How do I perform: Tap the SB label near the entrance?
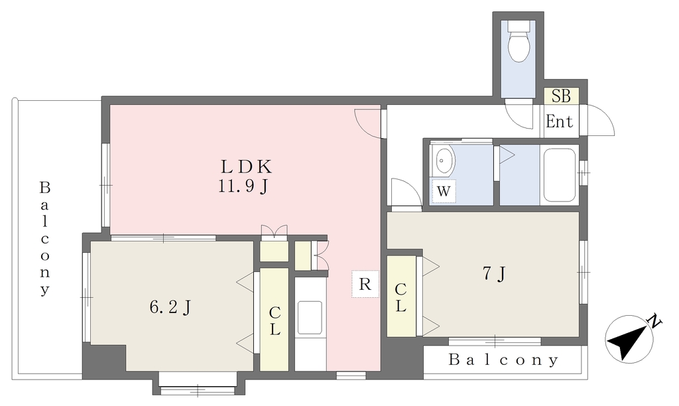coord(561,96)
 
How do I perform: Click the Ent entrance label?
coord(559,121)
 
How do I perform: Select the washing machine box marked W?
coord(444,190)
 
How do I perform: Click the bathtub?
coord(560,175)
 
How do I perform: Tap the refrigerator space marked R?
coord(365,284)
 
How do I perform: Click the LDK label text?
coord(246,167)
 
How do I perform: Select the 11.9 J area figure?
coord(243,186)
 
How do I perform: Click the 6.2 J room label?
coord(170,308)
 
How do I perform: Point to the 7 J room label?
coord(494,273)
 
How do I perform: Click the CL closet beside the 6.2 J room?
coord(274,320)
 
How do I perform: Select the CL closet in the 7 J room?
coord(401,297)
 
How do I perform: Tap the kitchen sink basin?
coord(310,318)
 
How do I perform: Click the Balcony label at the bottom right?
coord(503,360)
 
